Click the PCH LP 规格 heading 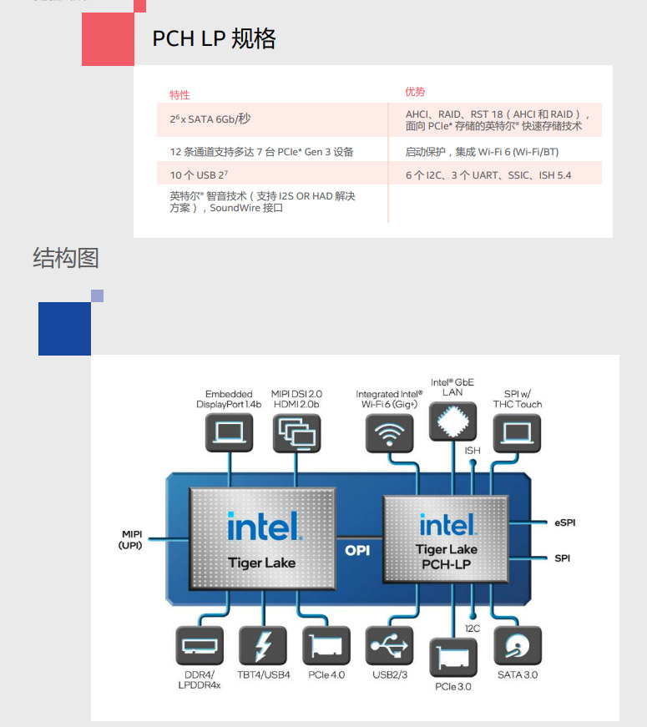click(214, 38)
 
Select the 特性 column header click(179, 95)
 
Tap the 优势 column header click(415, 92)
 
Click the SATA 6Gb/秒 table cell click(210, 119)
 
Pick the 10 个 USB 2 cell click(199, 174)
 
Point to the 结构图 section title click(65, 258)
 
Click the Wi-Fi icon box click(389, 433)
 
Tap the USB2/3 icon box click(389, 646)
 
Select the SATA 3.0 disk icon click(518, 646)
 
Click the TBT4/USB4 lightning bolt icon click(263, 646)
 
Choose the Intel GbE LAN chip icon click(452, 422)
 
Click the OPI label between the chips click(357, 550)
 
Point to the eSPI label click(565, 523)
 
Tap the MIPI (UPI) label click(131, 540)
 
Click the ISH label click(473, 451)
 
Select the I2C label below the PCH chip click(473, 629)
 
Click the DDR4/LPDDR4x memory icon click(200, 646)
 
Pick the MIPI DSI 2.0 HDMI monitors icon click(297, 433)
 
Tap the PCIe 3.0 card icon click(453, 658)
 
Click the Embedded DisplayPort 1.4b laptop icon click(229, 433)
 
